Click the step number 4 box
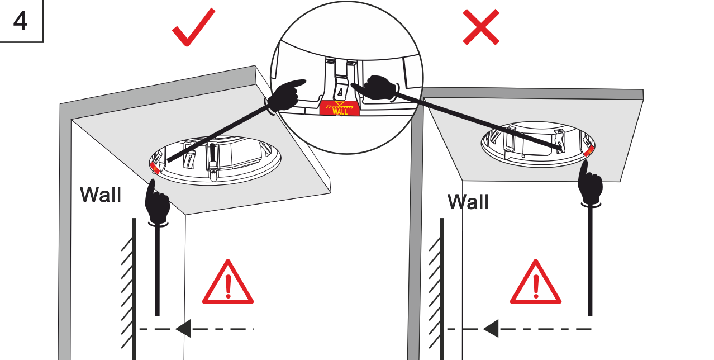(21, 21)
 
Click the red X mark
(481, 27)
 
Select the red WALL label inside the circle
(340, 109)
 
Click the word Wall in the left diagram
(101, 195)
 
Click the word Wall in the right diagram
(468, 202)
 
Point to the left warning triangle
(227, 283)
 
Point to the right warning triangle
(535, 283)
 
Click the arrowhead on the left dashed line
(183, 329)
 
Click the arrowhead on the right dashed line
(491, 329)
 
